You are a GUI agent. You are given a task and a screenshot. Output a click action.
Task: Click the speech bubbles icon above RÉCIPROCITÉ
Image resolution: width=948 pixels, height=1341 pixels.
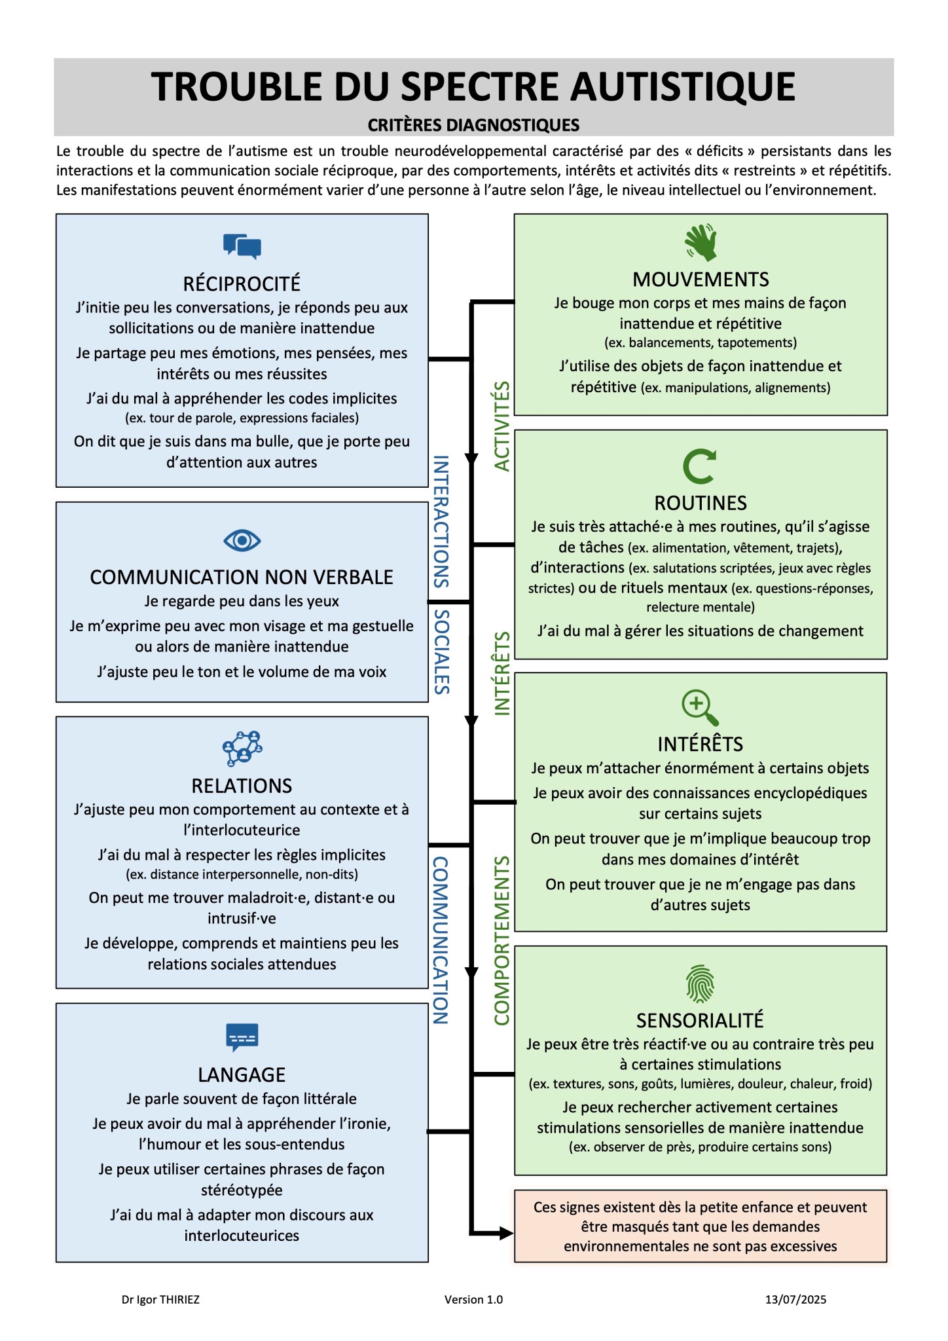(x=242, y=246)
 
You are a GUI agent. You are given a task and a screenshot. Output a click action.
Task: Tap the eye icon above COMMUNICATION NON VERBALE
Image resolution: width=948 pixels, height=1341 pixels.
(x=242, y=541)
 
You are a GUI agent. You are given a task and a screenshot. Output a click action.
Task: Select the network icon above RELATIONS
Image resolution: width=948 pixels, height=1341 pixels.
(x=242, y=748)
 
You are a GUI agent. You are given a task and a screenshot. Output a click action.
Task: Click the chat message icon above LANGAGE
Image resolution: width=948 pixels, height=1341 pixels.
(x=242, y=1037)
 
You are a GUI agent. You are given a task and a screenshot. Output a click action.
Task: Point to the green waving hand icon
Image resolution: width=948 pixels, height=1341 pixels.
(x=701, y=242)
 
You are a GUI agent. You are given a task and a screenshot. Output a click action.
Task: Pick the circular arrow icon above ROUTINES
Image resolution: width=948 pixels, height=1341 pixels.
(x=700, y=466)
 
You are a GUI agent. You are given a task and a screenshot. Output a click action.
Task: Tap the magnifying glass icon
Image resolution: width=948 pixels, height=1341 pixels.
(x=700, y=708)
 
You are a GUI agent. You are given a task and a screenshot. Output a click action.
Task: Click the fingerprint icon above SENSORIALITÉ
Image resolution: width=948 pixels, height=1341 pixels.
(x=700, y=984)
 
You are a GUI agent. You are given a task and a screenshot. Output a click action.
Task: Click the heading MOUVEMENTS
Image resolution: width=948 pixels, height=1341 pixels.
(x=701, y=280)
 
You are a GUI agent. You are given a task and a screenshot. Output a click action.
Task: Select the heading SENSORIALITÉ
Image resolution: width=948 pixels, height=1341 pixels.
(x=700, y=1020)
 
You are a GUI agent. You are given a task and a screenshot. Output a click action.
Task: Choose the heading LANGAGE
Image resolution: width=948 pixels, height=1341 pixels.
(x=242, y=1075)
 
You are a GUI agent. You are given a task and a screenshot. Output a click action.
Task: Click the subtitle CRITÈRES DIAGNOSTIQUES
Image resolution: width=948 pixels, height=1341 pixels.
(x=473, y=125)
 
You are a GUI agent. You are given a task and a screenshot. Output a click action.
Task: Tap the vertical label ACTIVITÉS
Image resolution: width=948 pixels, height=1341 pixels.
(x=502, y=426)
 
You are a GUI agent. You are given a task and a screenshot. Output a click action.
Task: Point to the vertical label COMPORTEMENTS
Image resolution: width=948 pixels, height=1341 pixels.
(x=502, y=941)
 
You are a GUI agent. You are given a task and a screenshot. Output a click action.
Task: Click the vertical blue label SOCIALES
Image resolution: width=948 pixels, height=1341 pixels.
(x=442, y=652)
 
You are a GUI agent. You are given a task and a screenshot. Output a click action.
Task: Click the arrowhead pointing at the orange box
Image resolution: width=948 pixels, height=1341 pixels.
(x=507, y=1234)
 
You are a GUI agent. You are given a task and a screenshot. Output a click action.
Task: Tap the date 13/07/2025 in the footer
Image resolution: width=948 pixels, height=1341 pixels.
(x=795, y=1300)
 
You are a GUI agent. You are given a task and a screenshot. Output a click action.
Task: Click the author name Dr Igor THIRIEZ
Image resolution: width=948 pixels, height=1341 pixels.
(x=160, y=1300)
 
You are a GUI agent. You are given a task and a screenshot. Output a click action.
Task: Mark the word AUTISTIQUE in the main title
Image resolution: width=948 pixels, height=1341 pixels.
(x=683, y=86)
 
